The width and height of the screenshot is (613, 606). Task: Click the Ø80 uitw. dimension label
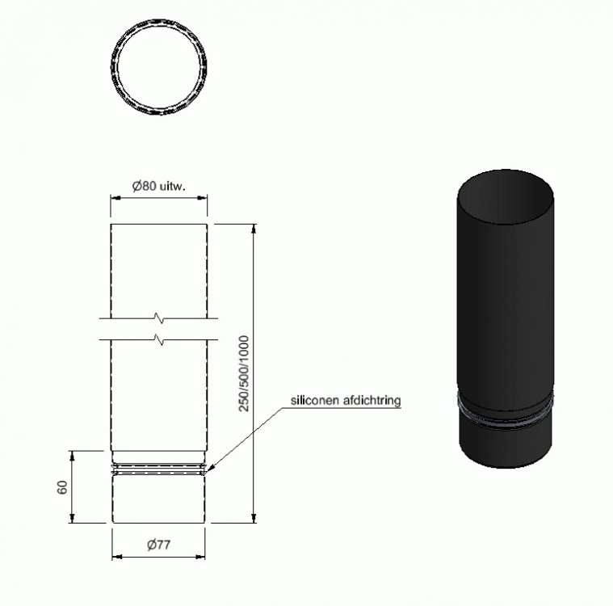point(158,186)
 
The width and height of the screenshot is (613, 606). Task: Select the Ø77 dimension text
point(159,544)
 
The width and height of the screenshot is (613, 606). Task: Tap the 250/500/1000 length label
point(244,373)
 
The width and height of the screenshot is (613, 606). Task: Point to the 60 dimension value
point(62,487)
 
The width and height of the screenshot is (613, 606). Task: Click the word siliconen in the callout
point(315,400)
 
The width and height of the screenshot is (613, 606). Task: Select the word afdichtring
point(372,401)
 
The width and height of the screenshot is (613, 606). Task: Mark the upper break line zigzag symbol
point(159,318)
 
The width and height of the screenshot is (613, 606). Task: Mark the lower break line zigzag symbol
point(159,339)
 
